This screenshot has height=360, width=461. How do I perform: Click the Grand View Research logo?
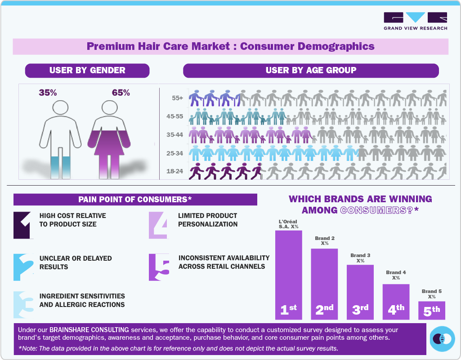tap(415, 21)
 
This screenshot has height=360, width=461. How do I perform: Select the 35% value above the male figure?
tap(48, 93)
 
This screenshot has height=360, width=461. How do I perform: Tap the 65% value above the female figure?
tap(121, 93)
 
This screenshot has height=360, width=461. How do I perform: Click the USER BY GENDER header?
tap(87, 70)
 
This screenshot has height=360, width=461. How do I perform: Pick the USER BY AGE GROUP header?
tap(311, 70)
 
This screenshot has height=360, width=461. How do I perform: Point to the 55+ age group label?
tap(177, 98)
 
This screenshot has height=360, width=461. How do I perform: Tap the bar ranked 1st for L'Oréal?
tap(288, 275)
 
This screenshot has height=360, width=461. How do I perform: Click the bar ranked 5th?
tap(432, 310)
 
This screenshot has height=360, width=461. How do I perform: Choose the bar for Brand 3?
tap(360, 292)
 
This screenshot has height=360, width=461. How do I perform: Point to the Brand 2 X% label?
tap(325, 240)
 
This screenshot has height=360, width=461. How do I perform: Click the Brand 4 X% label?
tap(396, 275)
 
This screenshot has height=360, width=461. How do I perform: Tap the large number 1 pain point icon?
tap(23, 225)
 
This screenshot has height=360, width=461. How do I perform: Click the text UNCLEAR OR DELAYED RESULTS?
tap(76, 262)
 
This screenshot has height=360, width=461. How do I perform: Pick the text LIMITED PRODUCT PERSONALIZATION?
tap(208, 220)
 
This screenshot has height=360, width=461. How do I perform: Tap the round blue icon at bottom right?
tap(442, 338)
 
